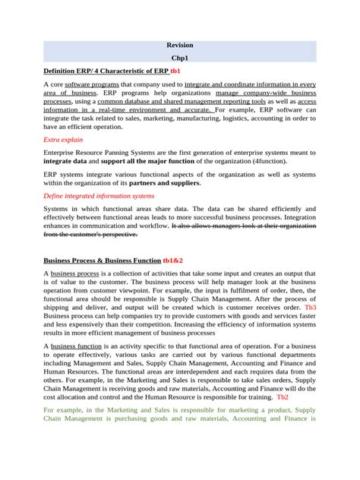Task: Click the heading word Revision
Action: click(180, 45)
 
